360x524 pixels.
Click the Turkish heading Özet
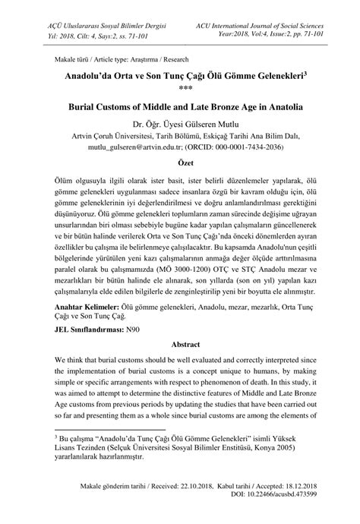(x=179, y=163)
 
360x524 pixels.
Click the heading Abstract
(x=179, y=343)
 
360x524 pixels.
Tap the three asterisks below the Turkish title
(x=180, y=88)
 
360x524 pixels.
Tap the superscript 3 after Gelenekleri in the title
(x=305, y=74)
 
